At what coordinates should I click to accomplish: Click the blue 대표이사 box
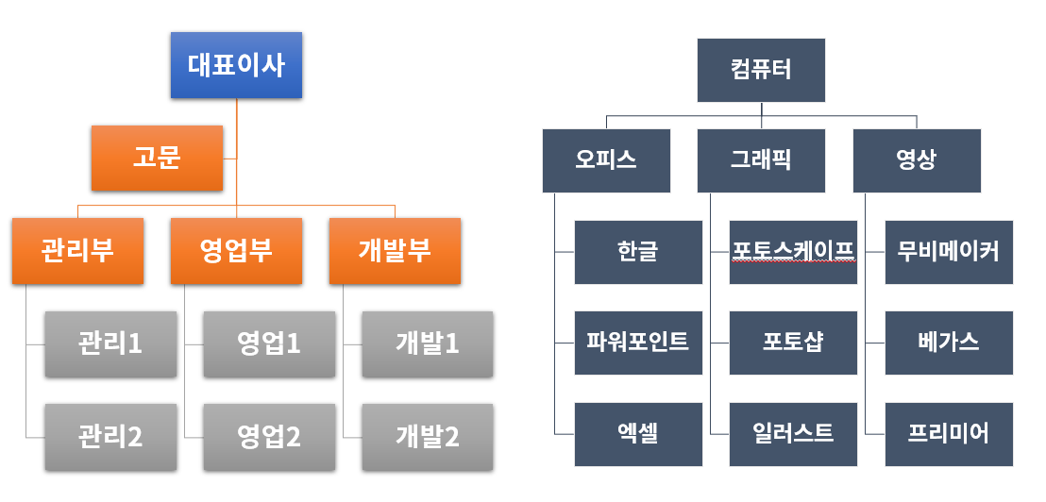coord(236,65)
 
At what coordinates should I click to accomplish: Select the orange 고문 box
coord(157,157)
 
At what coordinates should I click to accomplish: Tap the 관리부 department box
coord(78,251)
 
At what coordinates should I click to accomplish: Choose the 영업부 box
coord(236,251)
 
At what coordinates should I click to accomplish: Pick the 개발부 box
coord(395,251)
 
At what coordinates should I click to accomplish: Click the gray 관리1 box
coord(110,343)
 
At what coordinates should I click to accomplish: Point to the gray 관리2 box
coord(110,436)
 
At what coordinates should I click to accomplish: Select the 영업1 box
coord(269,343)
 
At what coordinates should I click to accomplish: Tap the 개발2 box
coord(428,436)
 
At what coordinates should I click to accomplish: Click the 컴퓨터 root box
coord(761,70)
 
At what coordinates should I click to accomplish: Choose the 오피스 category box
coord(606,160)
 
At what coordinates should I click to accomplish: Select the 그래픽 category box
coord(761,160)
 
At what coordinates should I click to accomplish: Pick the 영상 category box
coord(917,160)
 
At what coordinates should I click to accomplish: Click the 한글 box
coord(638,252)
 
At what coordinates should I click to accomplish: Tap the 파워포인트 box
coord(638,343)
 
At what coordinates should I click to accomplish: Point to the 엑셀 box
coord(638,434)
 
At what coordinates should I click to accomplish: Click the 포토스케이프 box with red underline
coord(793,252)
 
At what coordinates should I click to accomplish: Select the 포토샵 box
coord(793,343)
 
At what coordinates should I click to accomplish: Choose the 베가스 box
coord(949,343)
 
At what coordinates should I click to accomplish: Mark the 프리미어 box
coord(949,434)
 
